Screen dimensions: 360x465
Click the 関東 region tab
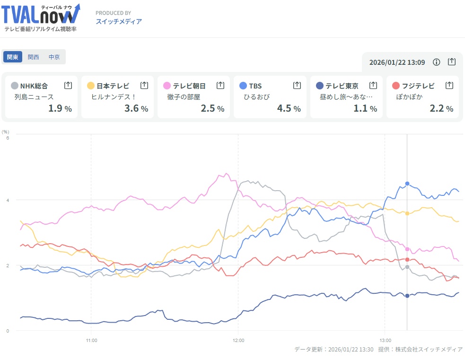12,57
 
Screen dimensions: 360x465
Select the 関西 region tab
34,57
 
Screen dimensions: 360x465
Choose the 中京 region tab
54,57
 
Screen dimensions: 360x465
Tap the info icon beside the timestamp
437,62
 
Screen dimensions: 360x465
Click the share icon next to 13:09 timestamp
452,62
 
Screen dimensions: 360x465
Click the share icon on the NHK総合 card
68,85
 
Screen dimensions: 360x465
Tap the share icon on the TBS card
297,85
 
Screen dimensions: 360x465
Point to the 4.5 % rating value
289,108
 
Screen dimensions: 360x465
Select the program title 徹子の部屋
184,97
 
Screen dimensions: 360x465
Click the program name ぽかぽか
410,97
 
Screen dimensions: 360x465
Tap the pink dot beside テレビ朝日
167,86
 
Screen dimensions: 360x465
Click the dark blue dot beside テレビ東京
320,86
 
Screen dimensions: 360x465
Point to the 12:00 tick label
238,340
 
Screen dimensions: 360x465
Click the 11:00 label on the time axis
91,340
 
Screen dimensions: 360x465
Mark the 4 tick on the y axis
7,200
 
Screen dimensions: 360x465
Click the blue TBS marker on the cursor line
407,184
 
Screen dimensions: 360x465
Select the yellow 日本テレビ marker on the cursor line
407,213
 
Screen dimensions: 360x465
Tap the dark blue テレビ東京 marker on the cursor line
407,296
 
